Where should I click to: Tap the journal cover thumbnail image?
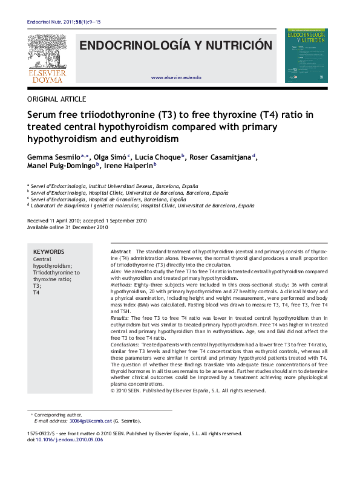308,56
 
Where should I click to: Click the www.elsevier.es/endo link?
176,78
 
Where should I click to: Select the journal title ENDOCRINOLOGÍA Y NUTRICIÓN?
176,46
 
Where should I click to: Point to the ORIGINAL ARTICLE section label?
57,99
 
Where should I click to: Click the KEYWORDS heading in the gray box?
48,252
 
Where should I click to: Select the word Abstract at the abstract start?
121,251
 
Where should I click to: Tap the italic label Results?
120,317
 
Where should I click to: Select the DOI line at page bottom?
65,440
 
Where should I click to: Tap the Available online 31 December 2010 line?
68,228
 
